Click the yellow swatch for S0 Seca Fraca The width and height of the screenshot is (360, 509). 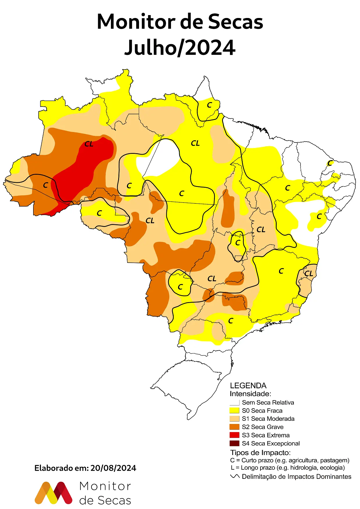point(234,411)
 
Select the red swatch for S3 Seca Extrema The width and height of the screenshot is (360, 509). point(234,435)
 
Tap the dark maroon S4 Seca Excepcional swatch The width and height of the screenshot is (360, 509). point(234,443)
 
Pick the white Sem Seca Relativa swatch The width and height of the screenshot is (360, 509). point(234,402)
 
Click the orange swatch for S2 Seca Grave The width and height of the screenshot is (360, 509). point(234,427)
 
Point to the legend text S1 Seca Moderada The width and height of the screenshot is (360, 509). point(268,419)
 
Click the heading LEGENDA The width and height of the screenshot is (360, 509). point(248,386)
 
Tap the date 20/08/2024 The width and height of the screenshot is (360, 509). point(113,468)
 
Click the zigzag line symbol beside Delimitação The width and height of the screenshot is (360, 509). point(235,476)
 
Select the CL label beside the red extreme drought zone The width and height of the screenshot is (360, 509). point(89,144)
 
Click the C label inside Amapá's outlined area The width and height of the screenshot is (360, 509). point(209,105)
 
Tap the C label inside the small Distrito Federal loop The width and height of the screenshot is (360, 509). point(238,243)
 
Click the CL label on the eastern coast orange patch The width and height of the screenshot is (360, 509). point(308,273)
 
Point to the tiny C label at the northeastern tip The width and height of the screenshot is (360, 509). point(330,163)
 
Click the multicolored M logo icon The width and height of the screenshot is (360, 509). point(53,493)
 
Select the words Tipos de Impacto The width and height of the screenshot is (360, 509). point(260,452)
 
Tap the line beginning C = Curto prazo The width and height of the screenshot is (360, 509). point(289,460)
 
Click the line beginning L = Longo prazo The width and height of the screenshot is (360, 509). point(288,468)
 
